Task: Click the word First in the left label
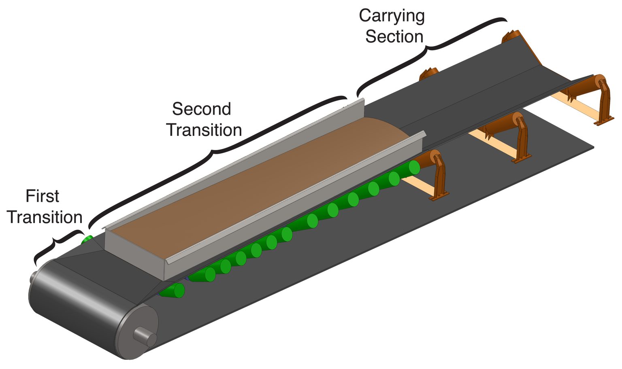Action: (42, 196)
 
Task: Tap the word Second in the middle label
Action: (201, 109)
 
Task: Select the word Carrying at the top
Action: (392, 16)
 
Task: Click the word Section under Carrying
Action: (394, 37)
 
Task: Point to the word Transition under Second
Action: (204, 130)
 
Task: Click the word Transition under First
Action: (45, 217)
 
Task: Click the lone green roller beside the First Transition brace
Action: (87, 240)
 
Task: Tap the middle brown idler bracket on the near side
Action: (521, 138)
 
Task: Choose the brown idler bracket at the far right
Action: (603, 99)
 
